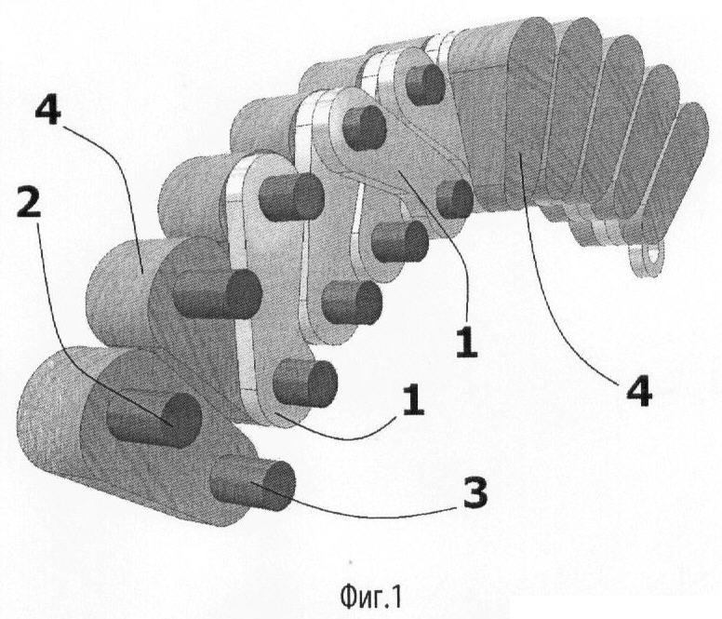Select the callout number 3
474,492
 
